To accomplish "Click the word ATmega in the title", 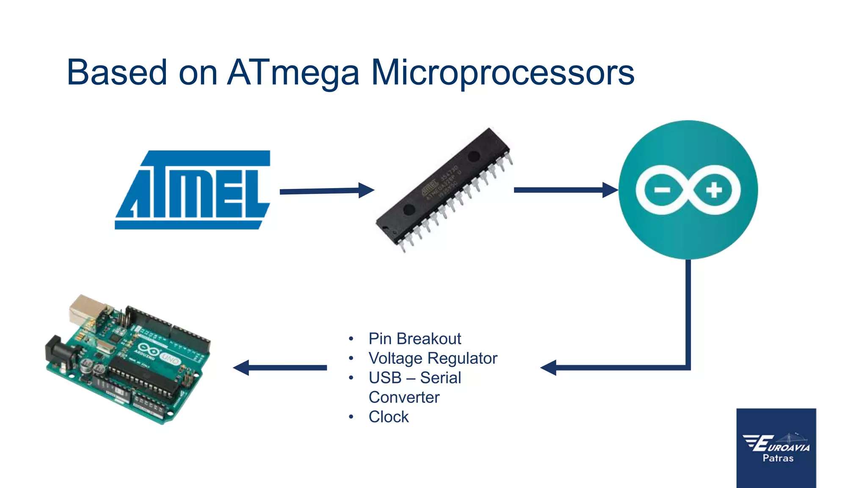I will pyautogui.click(x=293, y=73).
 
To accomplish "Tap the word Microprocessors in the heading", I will pyautogui.click(x=503, y=73).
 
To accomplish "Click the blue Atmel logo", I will pyautogui.click(x=193, y=190).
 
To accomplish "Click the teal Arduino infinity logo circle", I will pyautogui.click(x=688, y=190).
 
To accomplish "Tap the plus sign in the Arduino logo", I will pyautogui.click(x=714, y=190).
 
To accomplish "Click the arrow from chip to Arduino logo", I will pyautogui.click(x=566, y=190).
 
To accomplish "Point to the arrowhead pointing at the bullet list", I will pyautogui.click(x=549, y=368).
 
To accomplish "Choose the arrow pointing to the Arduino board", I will pyautogui.click(x=280, y=368).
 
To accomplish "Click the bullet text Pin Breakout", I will pyautogui.click(x=414, y=338).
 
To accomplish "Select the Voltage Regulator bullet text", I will pyautogui.click(x=433, y=358).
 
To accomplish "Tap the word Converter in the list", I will pyautogui.click(x=404, y=397).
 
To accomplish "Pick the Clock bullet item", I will pyautogui.click(x=389, y=417).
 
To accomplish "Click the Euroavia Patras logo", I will pyautogui.click(x=776, y=447).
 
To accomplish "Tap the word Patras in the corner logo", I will pyautogui.click(x=778, y=458).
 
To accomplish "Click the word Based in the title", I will pyautogui.click(x=117, y=73).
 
